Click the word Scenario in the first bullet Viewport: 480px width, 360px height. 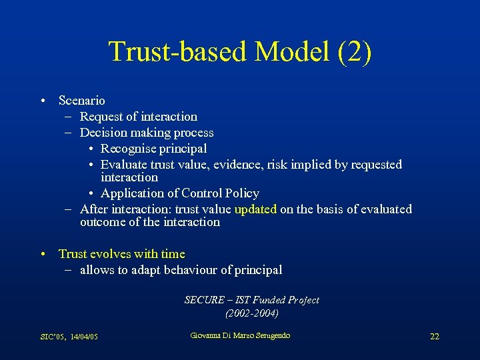pyautogui.click(x=81, y=101)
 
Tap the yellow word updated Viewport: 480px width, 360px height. pyautogui.click(x=255, y=209)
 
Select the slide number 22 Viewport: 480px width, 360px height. pyautogui.click(x=434, y=337)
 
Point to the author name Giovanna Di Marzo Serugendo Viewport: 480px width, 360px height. pyautogui.click(x=240, y=335)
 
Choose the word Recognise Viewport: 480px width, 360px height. pyautogui.click(x=127, y=149)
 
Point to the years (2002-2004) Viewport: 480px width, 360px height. pyautogui.click(x=252, y=313)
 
